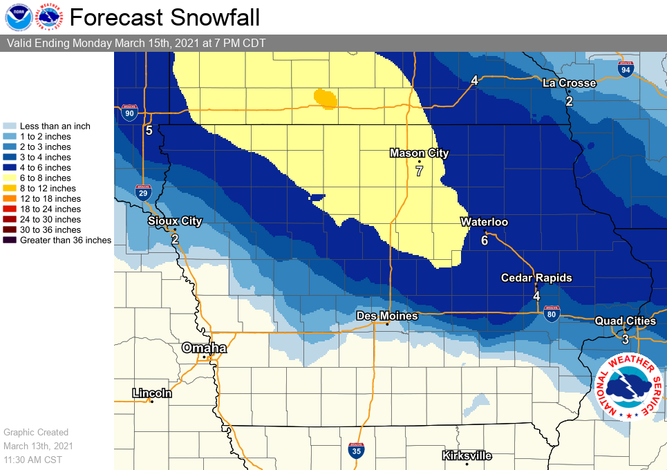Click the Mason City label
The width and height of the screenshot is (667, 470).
419,153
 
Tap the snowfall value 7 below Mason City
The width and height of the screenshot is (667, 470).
419,171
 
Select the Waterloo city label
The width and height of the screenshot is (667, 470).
485,222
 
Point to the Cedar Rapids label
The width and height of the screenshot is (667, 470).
537,278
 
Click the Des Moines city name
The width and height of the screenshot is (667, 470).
387,316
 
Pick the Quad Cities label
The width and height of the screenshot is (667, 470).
626,321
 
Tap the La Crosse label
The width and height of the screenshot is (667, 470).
569,83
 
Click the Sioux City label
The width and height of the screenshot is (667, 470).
175,221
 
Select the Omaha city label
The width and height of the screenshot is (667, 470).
204,348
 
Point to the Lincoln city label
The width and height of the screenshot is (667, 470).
152,393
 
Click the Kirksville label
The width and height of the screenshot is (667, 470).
467,455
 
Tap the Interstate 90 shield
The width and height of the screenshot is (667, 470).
129,113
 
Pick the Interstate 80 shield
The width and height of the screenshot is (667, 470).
551,314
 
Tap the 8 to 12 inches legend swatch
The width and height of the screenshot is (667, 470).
10,189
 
